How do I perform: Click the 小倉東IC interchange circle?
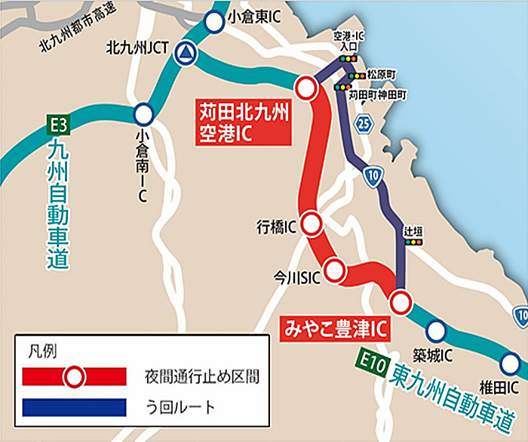[x=215, y=23]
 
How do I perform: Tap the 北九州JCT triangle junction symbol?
[x=183, y=53]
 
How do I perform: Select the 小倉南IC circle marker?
[x=143, y=115]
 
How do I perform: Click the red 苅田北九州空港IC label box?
[x=244, y=122]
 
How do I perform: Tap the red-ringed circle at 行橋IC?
[x=312, y=224]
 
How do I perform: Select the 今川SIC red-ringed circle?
[x=333, y=268]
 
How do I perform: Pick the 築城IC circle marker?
[x=436, y=331]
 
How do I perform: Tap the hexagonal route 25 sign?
[x=364, y=123]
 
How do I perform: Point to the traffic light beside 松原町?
[x=355, y=76]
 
